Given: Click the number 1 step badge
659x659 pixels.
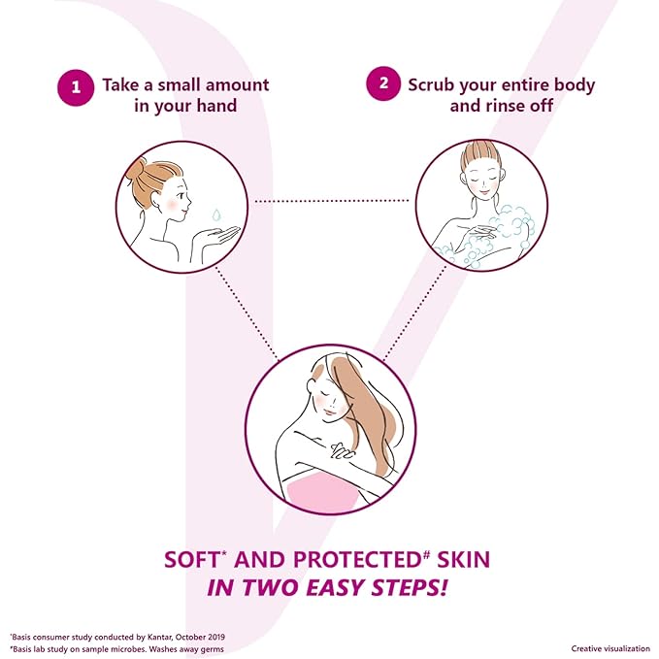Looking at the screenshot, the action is click(x=76, y=87).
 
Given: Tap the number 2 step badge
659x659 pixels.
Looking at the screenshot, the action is click(x=383, y=83).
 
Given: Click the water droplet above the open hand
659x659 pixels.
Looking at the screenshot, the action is click(x=216, y=214).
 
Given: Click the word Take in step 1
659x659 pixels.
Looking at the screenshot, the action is click(x=120, y=84).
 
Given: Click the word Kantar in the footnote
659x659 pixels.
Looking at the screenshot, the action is click(x=159, y=637).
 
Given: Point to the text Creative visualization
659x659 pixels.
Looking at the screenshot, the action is click(x=610, y=649).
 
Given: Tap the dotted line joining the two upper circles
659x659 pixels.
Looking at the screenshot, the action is click(x=332, y=201).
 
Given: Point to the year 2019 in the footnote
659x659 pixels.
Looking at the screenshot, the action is click(x=216, y=637).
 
